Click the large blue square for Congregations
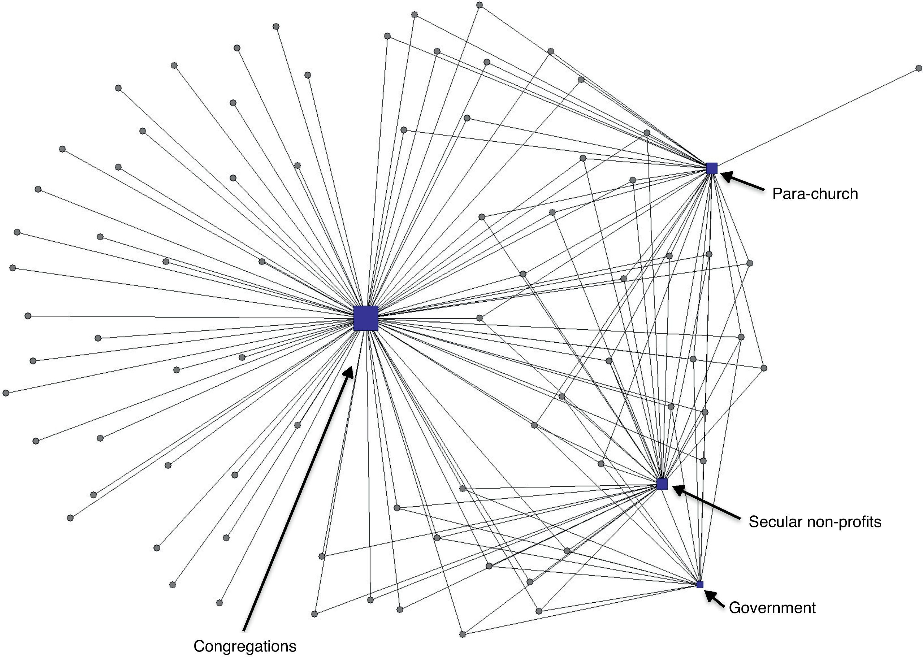click(366, 318)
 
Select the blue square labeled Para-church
click(712, 168)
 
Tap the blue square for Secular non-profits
click(662, 484)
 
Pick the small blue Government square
click(700, 584)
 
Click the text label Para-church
click(815, 194)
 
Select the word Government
click(772, 608)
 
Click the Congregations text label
click(245, 646)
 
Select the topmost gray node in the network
click(479, 5)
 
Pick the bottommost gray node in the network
click(462, 634)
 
